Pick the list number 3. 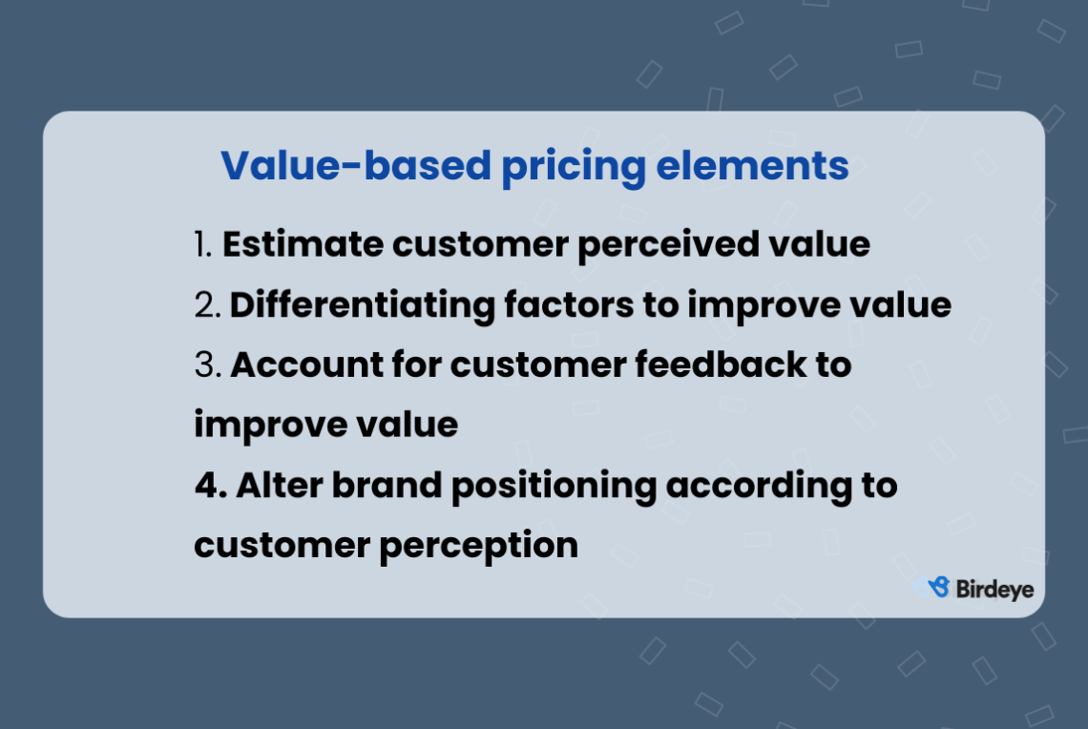[205, 365]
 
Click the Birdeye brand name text [994, 589]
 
